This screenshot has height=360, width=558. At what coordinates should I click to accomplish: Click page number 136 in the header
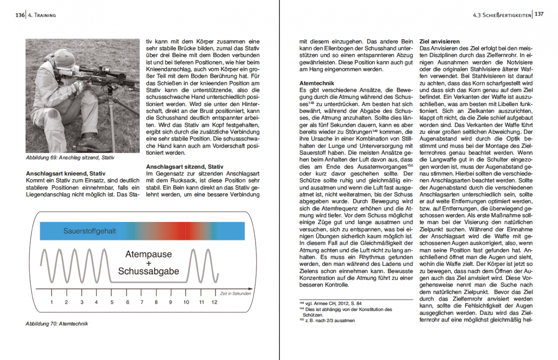[x=20, y=15]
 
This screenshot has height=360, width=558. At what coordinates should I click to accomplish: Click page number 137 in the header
[x=539, y=14]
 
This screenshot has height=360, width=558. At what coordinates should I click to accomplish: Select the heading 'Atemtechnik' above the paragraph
[x=316, y=83]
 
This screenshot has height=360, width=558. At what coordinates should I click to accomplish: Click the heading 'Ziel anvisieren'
[x=439, y=41]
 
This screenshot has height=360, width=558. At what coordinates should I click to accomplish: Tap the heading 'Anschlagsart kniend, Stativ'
[x=65, y=173]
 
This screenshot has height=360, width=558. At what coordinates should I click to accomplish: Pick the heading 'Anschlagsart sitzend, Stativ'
[x=185, y=167]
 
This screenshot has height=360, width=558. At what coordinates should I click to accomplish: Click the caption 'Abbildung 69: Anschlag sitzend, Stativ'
[x=70, y=158]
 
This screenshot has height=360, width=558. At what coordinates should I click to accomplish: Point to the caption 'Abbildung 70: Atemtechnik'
[x=57, y=324]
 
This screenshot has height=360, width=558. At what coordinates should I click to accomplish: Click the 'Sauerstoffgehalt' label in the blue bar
[x=90, y=231]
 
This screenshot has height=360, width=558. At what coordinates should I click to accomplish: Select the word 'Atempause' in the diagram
[x=148, y=254]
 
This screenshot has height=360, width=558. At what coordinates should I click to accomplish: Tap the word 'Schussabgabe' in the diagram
[x=148, y=271]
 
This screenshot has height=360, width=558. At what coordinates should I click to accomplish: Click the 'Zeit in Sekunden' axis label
[x=236, y=293]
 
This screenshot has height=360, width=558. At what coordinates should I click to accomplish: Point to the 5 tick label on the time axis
[x=112, y=302]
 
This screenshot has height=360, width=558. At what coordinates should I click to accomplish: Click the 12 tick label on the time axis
[x=214, y=302]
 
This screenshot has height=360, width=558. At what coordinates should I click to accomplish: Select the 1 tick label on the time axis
[x=52, y=302]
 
